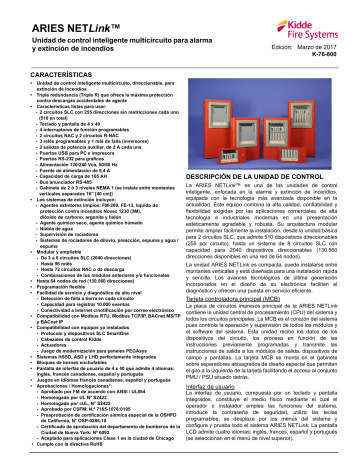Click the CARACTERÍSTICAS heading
click(46, 73)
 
